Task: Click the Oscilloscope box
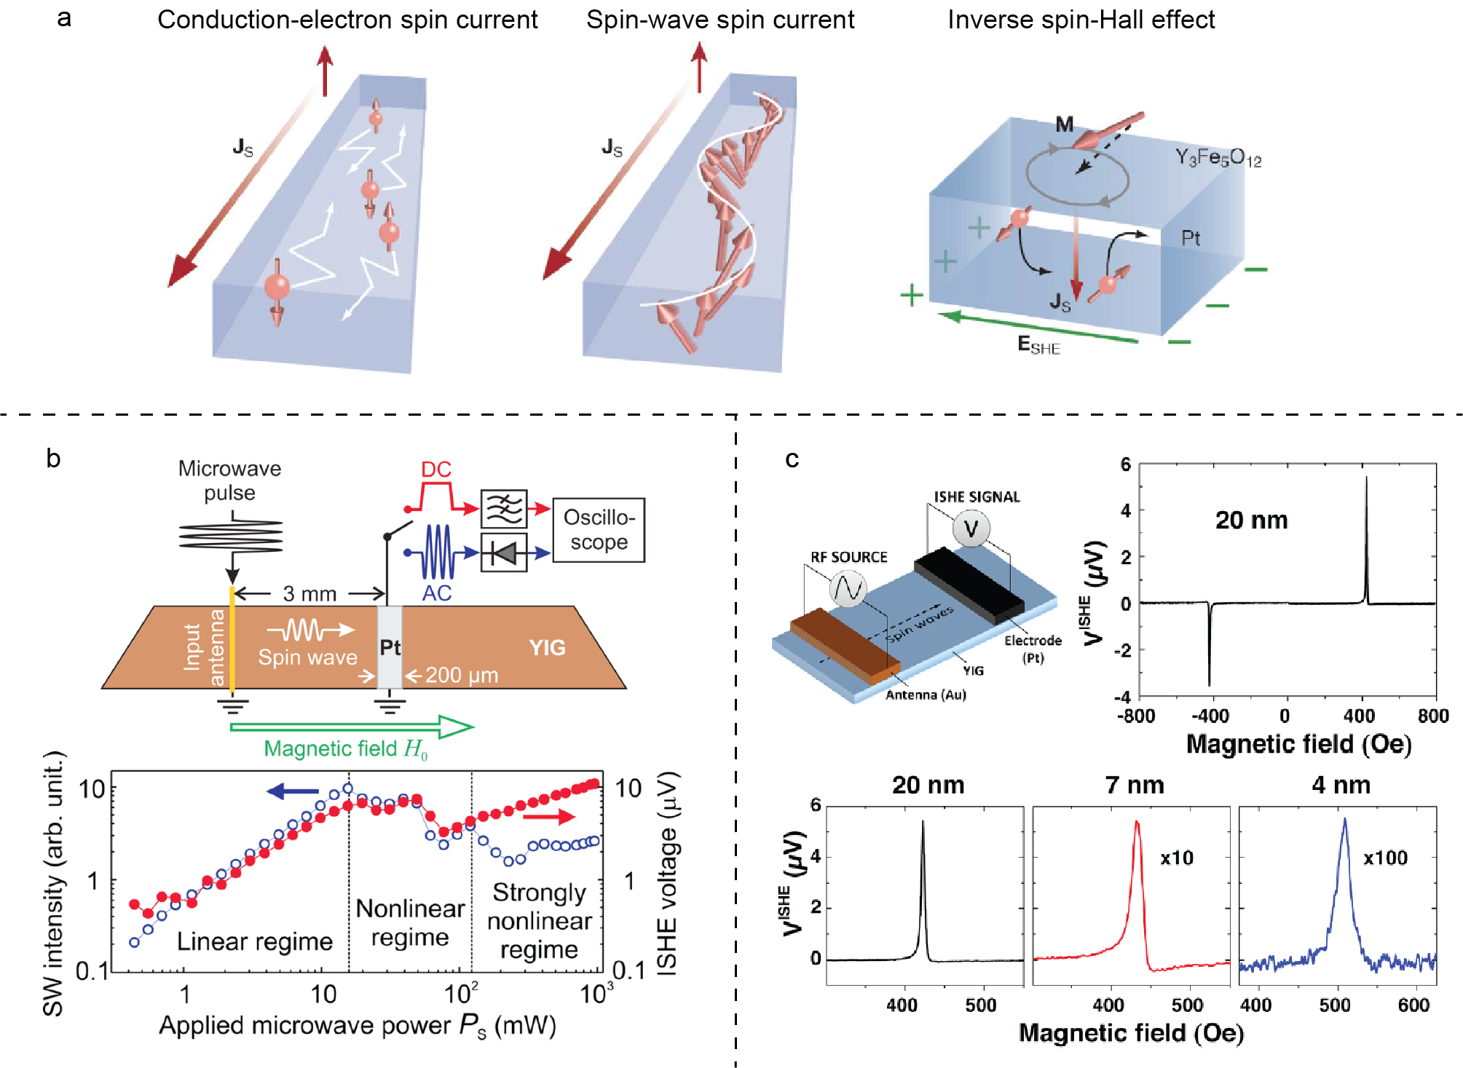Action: coord(599,529)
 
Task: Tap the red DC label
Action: coord(436,470)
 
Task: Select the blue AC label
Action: coord(436,593)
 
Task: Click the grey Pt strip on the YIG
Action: coord(390,647)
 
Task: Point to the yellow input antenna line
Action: coord(232,641)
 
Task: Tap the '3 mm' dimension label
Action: coord(309,594)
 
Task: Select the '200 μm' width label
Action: coord(462,676)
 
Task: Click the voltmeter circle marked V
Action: coord(971,529)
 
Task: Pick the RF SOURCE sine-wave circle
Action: coord(848,589)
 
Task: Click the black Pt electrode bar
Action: coord(969,584)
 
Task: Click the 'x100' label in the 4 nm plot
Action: coord(1385,858)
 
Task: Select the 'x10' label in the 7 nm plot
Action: coord(1177,858)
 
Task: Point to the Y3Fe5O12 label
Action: coord(1218,157)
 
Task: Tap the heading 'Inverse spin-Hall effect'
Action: coord(1081,20)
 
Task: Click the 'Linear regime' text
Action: coord(254,941)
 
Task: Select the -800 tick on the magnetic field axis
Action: coord(1136,716)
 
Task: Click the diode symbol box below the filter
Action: coord(504,553)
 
